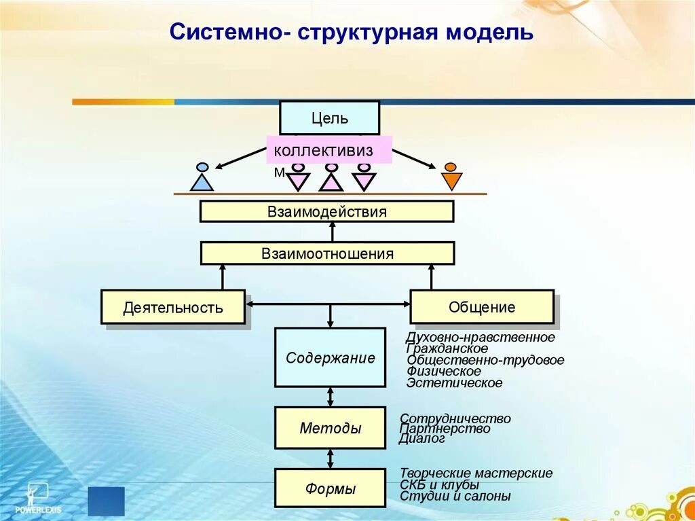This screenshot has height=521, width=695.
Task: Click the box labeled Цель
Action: [x=329, y=118]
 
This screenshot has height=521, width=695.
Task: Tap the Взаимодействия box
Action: [x=326, y=211]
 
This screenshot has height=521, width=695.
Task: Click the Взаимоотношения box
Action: [x=327, y=253]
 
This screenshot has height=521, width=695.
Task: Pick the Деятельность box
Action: [x=172, y=307]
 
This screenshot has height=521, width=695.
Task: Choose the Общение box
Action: [x=481, y=306]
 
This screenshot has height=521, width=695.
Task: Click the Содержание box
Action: [x=330, y=357]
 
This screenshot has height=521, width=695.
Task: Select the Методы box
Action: [x=330, y=428]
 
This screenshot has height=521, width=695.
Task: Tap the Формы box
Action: [x=330, y=488]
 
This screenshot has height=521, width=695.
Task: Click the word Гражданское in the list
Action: [x=447, y=348]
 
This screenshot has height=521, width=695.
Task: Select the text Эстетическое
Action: [x=454, y=383]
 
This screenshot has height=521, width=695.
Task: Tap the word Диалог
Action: [x=422, y=439]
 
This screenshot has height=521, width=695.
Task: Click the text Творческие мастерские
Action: [x=476, y=473]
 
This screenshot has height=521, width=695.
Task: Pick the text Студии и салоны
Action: [x=455, y=496]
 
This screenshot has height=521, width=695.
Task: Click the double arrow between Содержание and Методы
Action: [x=331, y=396]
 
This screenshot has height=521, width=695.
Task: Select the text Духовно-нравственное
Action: [x=480, y=337]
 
